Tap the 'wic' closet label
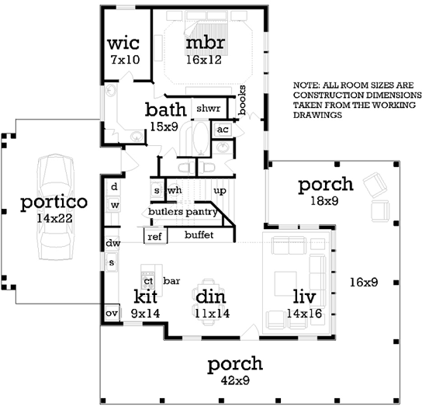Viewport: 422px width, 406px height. (122, 41)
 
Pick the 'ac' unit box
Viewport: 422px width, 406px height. (223, 129)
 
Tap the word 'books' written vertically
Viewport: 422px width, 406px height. (242, 101)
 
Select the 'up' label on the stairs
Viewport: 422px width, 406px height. (220, 190)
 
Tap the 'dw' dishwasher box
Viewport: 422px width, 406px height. (112, 244)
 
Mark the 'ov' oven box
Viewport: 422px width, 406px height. (112, 313)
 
